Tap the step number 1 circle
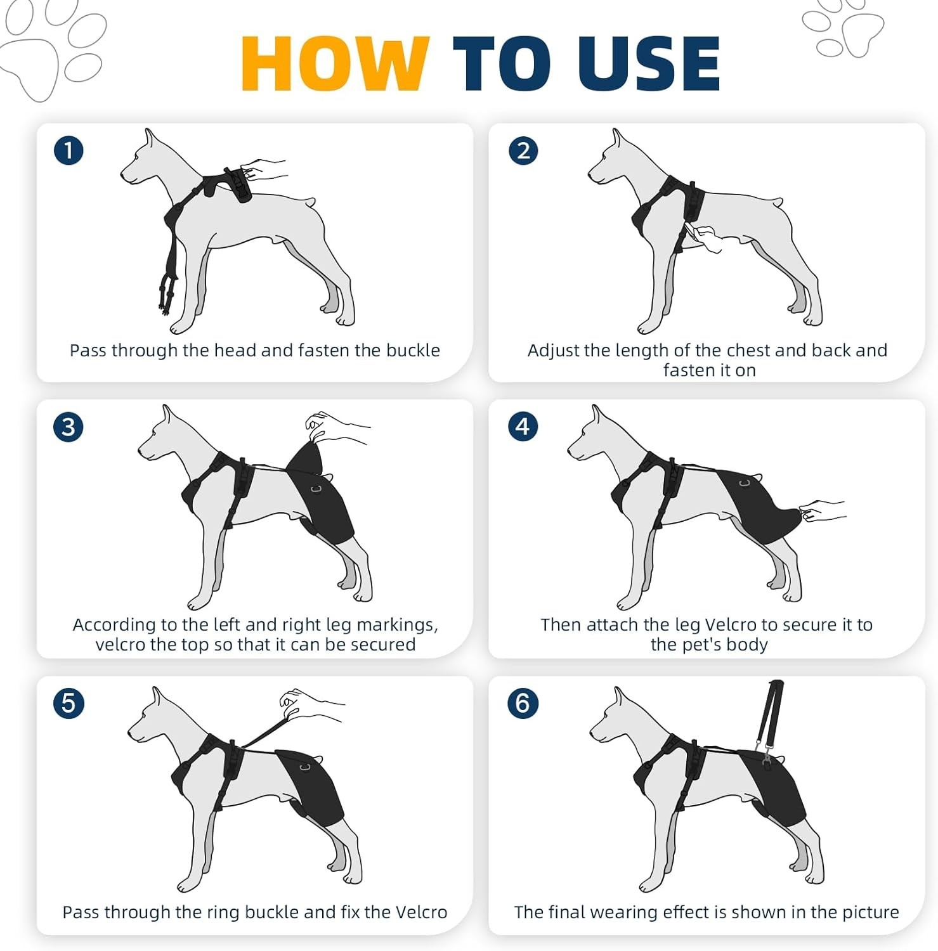point(68,151)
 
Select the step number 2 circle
point(523,151)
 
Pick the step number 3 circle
point(68,427)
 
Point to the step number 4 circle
point(523,426)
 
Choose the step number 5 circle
point(68,703)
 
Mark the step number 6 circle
point(523,703)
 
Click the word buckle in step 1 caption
point(412,351)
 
